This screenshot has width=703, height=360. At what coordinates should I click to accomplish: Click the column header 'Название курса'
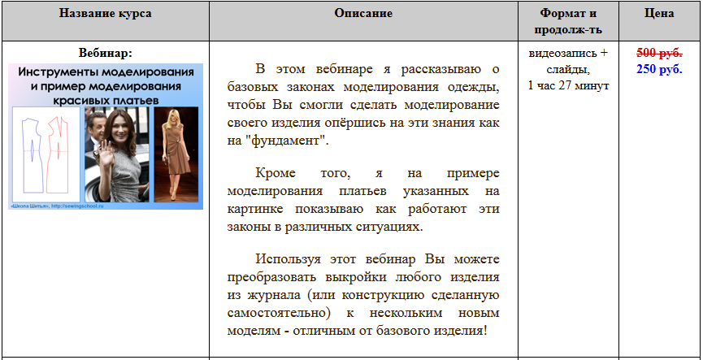point(105,15)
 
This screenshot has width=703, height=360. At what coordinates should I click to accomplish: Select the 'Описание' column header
point(363,15)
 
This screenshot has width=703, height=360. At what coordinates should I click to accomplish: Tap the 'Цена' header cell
point(658,15)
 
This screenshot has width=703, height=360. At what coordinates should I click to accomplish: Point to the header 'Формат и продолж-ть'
point(568,22)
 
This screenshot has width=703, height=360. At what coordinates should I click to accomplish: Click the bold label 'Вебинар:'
point(105,54)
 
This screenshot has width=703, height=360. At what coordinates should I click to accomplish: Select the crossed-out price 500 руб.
point(658,54)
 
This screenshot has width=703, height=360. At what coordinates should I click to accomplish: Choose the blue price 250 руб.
point(658,69)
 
